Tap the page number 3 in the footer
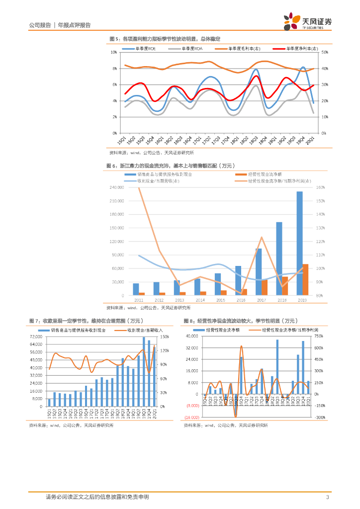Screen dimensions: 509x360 (x=327, y=497)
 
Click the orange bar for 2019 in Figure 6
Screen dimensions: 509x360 (x=305, y=279)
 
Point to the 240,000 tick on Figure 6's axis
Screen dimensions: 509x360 (x=117, y=187)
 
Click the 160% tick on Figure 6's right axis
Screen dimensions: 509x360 (x=320, y=187)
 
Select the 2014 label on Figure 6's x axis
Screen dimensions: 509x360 (x=200, y=300)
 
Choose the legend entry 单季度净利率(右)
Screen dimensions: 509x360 (x=293, y=49)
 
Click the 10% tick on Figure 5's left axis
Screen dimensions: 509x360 (x=114, y=52)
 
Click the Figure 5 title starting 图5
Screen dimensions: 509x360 (x=165, y=39)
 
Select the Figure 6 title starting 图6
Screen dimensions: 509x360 (x=170, y=166)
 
